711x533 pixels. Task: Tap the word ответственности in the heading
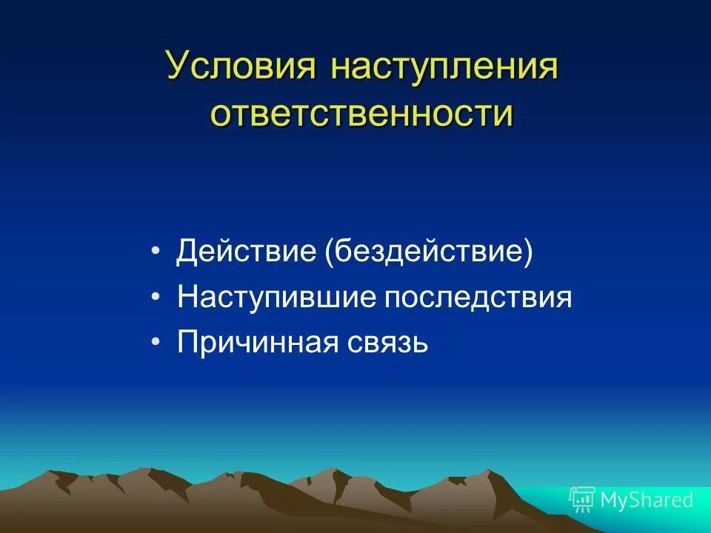[x=361, y=113]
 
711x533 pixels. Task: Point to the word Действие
[x=247, y=252]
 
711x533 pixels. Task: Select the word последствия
[x=477, y=298]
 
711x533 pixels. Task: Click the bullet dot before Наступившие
[x=155, y=298]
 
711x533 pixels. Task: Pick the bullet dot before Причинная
[x=155, y=343]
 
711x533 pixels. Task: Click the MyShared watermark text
[x=647, y=500]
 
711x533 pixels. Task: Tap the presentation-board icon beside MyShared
[x=582, y=500]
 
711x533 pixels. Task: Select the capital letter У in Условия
[x=176, y=67]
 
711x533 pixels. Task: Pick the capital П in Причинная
[x=186, y=343]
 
